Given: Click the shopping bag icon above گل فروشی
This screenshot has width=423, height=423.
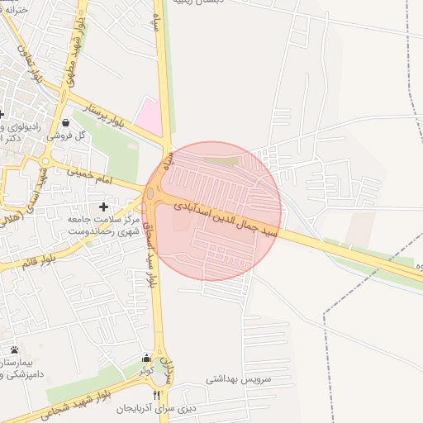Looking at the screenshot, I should tap(65, 122).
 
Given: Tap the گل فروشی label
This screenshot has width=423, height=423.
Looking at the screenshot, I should tap(65, 135).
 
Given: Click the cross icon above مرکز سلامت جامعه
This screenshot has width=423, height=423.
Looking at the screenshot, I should tap(103, 206).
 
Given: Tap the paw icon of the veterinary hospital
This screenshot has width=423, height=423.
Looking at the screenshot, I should tap(14, 349).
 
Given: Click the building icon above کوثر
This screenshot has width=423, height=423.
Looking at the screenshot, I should tap(147, 359).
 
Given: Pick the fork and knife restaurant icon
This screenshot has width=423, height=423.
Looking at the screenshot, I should tap(157, 395).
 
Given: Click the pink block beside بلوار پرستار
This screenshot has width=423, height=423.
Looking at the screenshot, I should tap(148, 116).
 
